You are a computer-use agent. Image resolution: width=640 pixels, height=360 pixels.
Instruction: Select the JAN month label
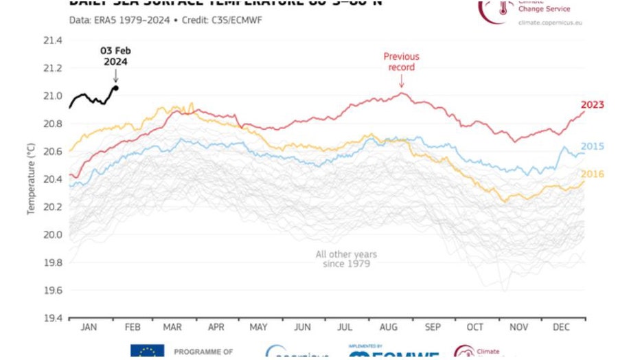89,328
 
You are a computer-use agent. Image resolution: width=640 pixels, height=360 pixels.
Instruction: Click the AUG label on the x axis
389,328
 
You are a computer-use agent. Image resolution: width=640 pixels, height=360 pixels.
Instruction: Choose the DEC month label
562,328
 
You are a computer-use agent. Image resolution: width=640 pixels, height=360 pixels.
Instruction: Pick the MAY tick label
259,328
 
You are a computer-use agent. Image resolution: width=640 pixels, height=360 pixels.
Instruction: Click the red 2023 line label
592,105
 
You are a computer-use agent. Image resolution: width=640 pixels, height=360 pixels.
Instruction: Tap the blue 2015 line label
592,146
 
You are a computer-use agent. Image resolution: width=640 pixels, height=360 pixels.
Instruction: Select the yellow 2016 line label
592,175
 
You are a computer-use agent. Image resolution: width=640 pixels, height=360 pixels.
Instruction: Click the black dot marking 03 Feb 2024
115,87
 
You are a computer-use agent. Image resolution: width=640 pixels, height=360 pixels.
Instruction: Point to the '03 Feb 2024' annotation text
115,56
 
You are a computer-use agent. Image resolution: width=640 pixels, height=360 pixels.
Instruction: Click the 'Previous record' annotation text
401,62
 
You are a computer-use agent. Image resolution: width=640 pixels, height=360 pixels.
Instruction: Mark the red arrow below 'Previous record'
401,81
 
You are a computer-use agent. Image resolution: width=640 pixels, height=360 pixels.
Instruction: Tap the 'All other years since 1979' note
346,259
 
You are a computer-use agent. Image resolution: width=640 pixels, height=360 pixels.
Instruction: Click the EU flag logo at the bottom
147,352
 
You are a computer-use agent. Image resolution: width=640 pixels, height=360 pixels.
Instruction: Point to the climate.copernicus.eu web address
551,23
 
